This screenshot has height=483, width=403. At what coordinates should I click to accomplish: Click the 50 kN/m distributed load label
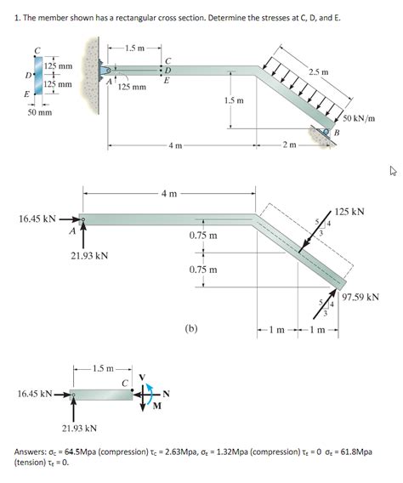point(359,118)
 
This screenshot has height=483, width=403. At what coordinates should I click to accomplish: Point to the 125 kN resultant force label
point(349,212)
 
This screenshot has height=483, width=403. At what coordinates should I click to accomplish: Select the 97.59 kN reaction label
point(360,298)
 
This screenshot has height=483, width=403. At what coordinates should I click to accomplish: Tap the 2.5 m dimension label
point(319,72)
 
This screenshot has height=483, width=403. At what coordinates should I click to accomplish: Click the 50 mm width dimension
point(40,112)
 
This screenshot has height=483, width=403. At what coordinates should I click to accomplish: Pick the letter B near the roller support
point(337,133)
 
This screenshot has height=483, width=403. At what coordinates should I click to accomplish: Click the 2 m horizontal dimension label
point(289,145)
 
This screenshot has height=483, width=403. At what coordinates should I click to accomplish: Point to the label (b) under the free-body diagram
point(191,329)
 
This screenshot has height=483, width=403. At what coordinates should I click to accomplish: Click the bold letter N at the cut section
point(167,394)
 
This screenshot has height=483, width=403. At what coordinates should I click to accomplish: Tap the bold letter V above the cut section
point(142,377)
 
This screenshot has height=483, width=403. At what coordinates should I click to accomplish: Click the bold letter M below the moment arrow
point(157,406)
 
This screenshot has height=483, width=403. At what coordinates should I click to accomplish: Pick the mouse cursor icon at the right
point(393,170)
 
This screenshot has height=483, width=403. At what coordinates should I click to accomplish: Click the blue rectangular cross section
point(39,75)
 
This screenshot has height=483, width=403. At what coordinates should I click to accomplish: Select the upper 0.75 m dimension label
point(203,236)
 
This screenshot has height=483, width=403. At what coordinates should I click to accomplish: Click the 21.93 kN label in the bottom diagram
point(79,429)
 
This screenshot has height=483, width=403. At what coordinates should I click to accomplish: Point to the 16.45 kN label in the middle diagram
point(37,219)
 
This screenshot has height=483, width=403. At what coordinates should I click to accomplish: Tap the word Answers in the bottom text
point(30,452)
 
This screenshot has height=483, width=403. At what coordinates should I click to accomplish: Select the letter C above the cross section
point(37,51)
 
